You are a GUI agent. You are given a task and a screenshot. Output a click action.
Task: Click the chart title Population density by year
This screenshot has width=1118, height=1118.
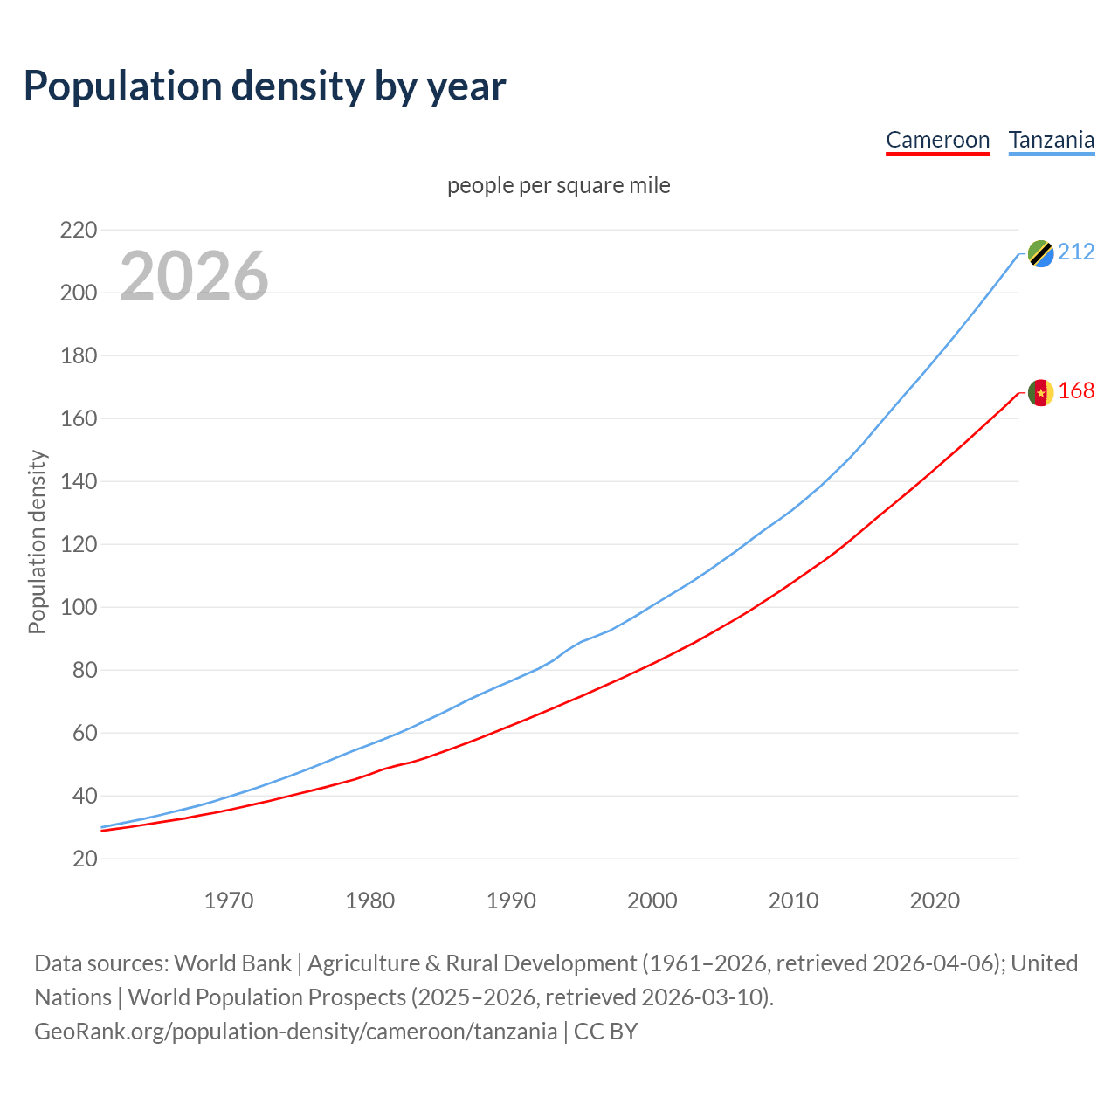point(265,86)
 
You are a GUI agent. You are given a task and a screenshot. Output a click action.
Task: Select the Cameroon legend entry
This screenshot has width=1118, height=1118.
point(937,140)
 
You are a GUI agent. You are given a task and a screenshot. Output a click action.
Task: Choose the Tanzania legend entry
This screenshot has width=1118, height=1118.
point(1051,140)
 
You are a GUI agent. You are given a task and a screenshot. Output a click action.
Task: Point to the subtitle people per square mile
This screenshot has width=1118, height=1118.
point(558,185)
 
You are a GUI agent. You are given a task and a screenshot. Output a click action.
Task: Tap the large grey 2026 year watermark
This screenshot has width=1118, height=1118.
point(194,276)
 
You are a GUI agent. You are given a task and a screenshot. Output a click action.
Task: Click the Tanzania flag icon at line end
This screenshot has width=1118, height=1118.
point(1040,253)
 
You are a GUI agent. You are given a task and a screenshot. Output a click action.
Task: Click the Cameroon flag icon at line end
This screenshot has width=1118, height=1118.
point(1040,392)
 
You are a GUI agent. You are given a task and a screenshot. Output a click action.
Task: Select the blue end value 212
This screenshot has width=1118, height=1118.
point(1076,252)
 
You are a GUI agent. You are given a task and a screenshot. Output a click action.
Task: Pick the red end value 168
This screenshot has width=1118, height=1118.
point(1076,391)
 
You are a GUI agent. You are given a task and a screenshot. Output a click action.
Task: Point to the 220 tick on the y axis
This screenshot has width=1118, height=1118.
point(79,231)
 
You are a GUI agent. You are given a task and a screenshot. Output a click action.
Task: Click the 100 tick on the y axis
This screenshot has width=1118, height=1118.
point(79,607)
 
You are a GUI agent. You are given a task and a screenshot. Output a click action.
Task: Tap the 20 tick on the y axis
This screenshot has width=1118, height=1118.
point(85,859)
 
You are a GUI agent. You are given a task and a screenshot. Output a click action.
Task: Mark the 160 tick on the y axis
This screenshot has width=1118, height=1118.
point(79,418)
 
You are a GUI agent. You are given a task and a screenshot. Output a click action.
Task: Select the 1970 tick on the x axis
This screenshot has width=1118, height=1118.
point(229,901)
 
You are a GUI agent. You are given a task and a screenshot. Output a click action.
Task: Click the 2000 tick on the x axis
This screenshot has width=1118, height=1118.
point(652,901)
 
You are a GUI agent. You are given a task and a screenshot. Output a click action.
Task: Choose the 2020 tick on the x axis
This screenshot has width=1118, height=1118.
point(935,901)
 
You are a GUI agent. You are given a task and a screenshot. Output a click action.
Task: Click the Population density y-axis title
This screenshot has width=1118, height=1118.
point(37,542)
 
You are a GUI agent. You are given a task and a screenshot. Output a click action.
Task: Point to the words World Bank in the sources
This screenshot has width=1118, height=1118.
point(232,963)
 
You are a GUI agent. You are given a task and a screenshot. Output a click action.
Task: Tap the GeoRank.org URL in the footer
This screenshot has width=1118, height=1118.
point(295,1032)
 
